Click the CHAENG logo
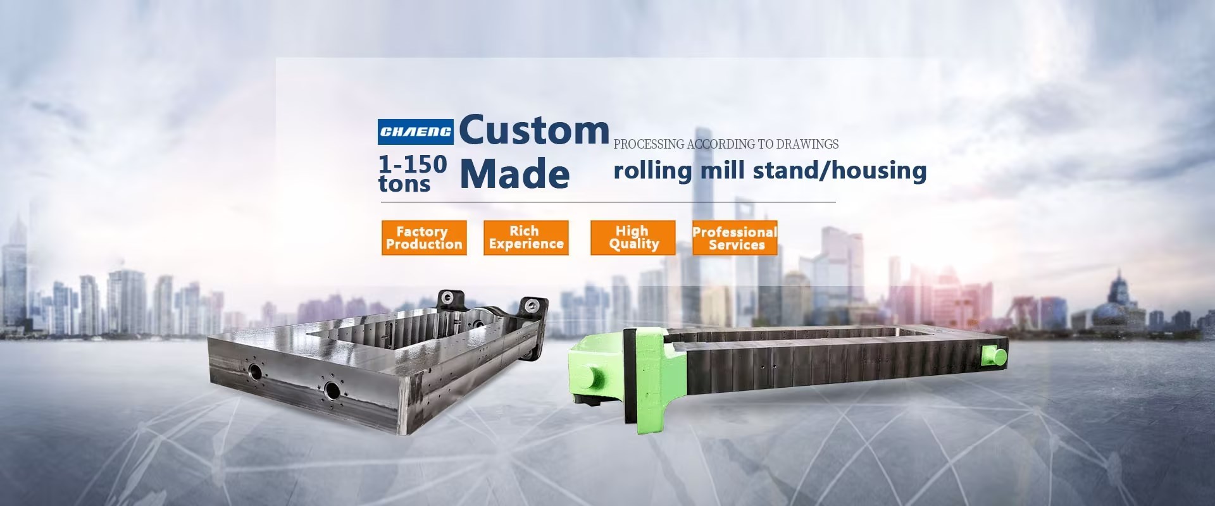point(415,132)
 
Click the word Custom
point(533,130)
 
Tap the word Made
point(514,173)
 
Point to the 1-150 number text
point(413,164)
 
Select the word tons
point(404,183)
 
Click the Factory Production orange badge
point(424,238)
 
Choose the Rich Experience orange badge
point(526,238)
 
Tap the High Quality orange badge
point(633,238)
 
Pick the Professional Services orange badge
point(735,238)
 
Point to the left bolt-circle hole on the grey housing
point(254,371)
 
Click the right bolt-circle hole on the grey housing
point(332,390)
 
